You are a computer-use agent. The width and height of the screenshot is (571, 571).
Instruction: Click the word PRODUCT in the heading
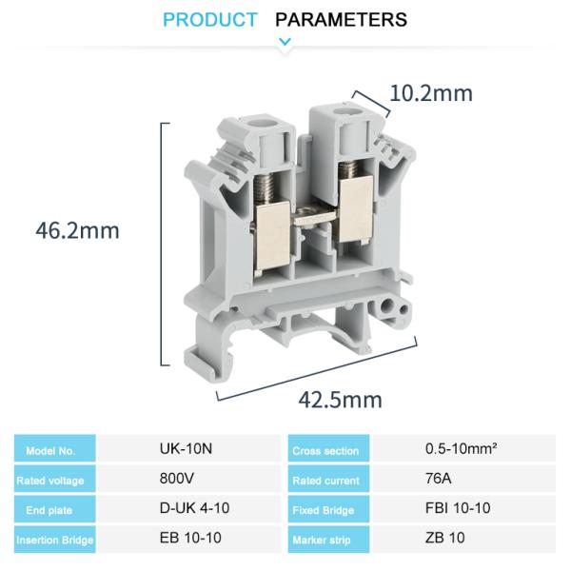pos(209,19)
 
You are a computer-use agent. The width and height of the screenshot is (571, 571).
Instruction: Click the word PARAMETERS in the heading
pos(341,19)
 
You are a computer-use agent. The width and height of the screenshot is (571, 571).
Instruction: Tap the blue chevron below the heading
pos(285,41)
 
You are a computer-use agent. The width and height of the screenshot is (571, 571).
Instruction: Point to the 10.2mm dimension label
pos(431,93)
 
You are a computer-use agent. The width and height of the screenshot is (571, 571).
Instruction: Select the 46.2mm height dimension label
pos(78,230)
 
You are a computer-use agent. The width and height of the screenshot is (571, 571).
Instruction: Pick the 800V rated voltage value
pos(177,479)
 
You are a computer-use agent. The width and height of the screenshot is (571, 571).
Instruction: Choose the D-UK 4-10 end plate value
pos(194,508)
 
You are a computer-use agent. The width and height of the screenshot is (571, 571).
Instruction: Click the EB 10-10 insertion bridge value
pos(190,538)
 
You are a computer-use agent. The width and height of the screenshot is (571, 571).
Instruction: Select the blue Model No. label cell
pos(56,450)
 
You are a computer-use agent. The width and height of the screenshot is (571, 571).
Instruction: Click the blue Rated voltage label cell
pos(56,481)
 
